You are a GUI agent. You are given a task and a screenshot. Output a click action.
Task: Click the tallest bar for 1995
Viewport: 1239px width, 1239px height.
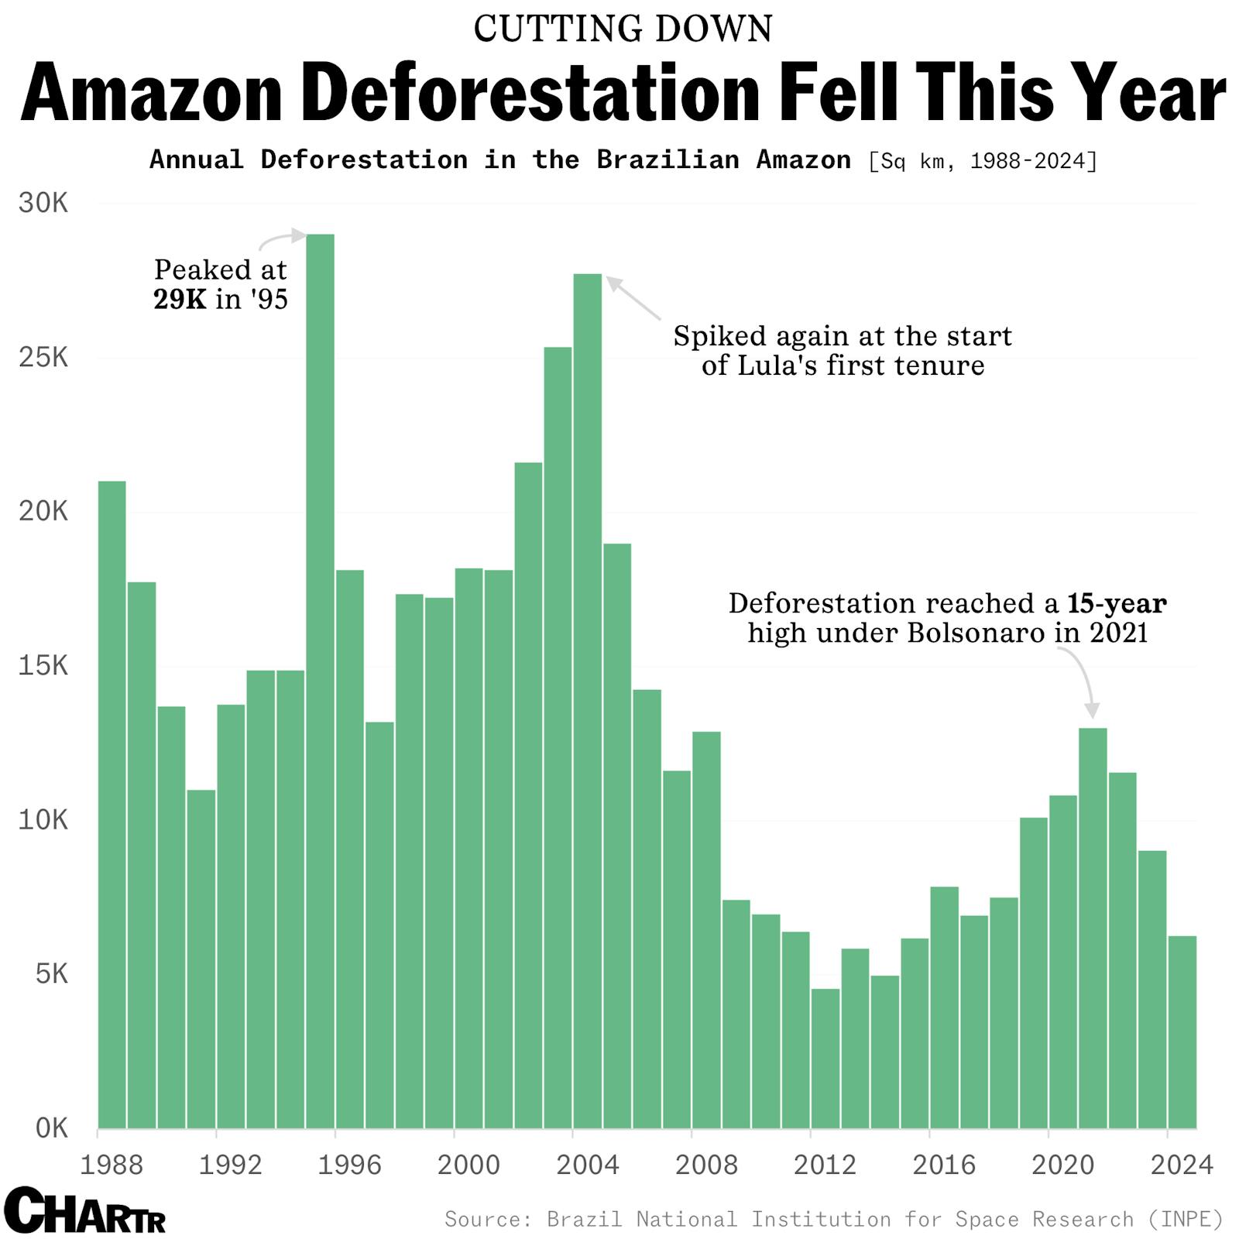click(x=320, y=681)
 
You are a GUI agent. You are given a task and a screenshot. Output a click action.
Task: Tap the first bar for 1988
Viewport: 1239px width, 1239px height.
click(x=112, y=805)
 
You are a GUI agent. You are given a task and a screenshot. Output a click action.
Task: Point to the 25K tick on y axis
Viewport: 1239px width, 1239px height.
click(x=43, y=358)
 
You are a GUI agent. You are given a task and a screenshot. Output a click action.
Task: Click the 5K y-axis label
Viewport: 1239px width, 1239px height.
click(x=51, y=973)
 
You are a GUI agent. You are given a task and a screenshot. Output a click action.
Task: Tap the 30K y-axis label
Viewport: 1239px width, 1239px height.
click(x=43, y=204)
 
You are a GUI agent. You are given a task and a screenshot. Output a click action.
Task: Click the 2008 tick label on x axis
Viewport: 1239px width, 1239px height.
click(x=706, y=1165)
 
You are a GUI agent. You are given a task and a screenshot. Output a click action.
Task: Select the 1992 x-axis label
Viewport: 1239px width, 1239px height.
click(x=231, y=1165)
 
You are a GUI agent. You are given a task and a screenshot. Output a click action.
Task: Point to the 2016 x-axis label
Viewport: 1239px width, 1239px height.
click(x=944, y=1165)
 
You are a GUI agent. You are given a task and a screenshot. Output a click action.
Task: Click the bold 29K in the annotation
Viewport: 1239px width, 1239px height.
click(x=180, y=299)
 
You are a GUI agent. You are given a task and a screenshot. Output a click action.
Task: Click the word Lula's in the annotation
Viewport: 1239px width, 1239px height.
click(x=772, y=365)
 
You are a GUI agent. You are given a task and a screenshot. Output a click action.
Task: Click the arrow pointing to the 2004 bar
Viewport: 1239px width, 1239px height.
click(x=633, y=298)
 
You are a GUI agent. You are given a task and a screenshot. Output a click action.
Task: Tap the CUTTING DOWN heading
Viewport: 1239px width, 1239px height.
click(x=623, y=29)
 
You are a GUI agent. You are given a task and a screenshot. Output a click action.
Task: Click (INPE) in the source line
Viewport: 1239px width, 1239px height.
click(x=1186, y=1220)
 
